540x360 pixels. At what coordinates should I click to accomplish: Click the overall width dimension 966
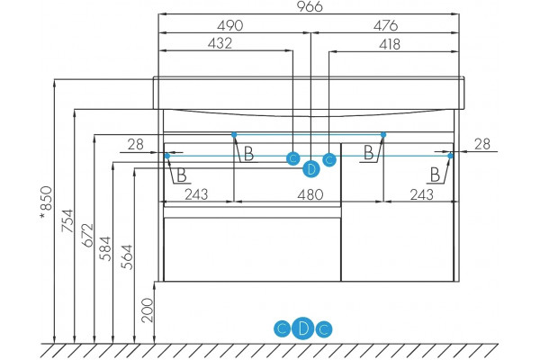310,6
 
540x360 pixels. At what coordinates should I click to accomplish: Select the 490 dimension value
230,25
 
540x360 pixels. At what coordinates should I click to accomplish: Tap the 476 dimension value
386,25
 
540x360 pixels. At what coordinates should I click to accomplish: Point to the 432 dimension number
220,43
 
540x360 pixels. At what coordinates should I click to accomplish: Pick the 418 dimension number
390,44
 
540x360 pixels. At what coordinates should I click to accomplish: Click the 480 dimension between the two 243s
310,194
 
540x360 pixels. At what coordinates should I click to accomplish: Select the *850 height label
46,202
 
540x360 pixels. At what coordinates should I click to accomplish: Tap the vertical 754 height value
67,220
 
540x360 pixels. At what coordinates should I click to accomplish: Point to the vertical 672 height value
87,235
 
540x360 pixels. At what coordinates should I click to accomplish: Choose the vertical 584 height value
105,248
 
